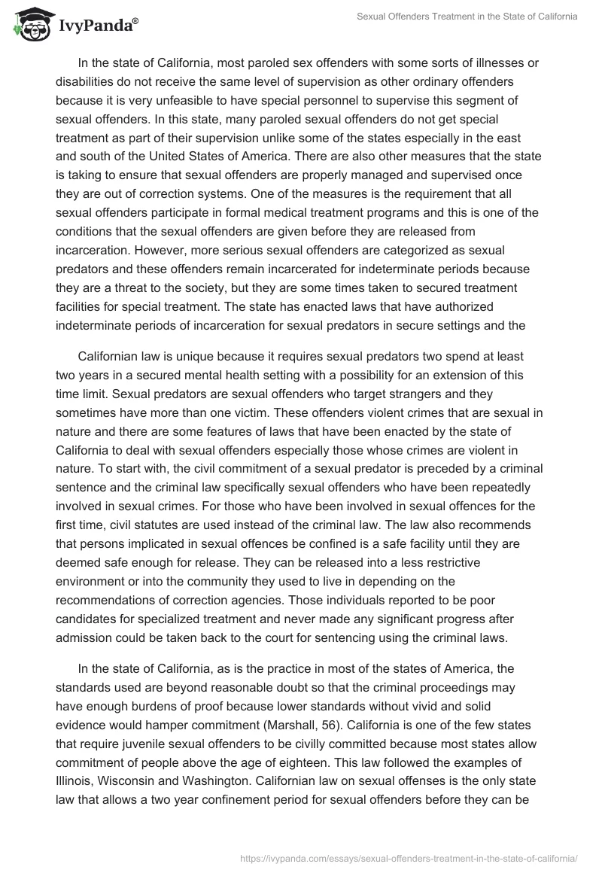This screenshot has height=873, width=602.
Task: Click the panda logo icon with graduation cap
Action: (x=30, y=23)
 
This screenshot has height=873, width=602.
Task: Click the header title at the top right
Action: (x=467, y=17)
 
